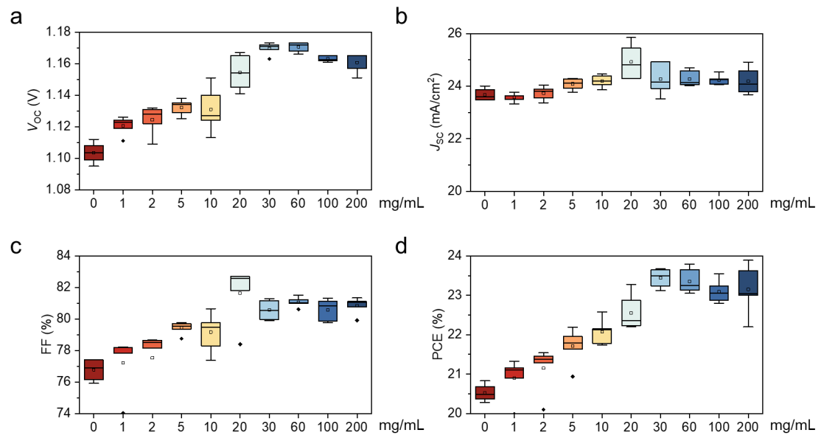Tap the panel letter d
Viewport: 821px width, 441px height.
[402, 246]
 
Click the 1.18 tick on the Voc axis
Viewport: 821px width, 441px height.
[60, 32]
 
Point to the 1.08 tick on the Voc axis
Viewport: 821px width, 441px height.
[60, 190]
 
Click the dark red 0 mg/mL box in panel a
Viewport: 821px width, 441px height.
[94, 153]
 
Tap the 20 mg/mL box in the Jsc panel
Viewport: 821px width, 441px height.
[632, 63]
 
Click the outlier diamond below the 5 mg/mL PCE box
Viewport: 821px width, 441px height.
[573, 376]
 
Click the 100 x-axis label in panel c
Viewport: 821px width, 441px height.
[328, 426]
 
